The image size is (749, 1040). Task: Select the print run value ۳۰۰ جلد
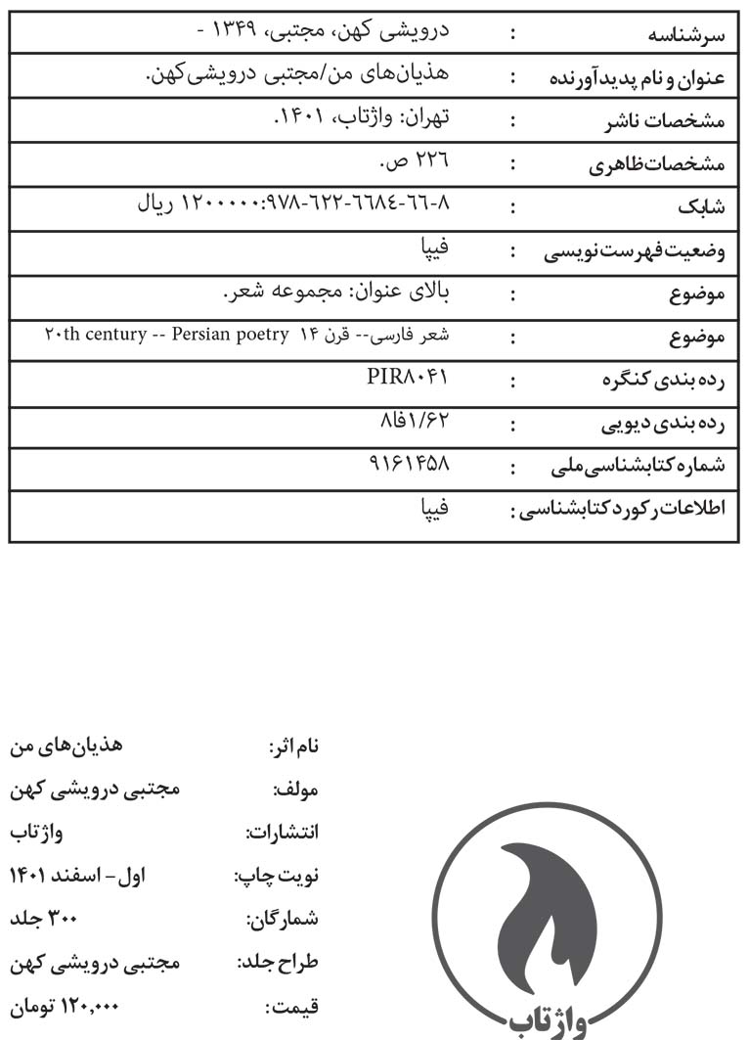click(43, 919)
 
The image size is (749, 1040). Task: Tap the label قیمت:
click(292, 1005)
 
